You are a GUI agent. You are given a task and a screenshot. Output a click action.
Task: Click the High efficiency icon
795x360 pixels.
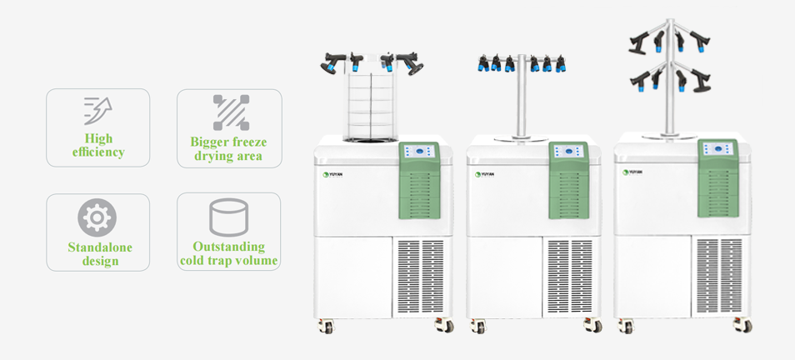point(97,110)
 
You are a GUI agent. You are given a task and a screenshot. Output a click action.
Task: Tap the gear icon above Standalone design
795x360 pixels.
point(97,217)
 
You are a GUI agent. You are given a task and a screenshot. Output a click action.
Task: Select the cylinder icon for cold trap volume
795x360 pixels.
point(228,217)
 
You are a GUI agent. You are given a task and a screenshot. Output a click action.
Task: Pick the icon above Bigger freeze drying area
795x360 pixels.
point(230,112)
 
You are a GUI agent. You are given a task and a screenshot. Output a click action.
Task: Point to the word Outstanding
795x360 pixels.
point(229,247)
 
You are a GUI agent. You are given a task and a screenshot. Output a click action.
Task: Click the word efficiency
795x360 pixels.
point(98,152)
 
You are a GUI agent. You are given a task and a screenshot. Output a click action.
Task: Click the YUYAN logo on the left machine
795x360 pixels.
point(333,174)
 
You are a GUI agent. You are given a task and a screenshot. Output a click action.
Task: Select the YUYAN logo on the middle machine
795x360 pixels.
point(485,174)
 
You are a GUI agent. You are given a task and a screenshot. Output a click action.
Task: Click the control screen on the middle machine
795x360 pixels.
point(570,152)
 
